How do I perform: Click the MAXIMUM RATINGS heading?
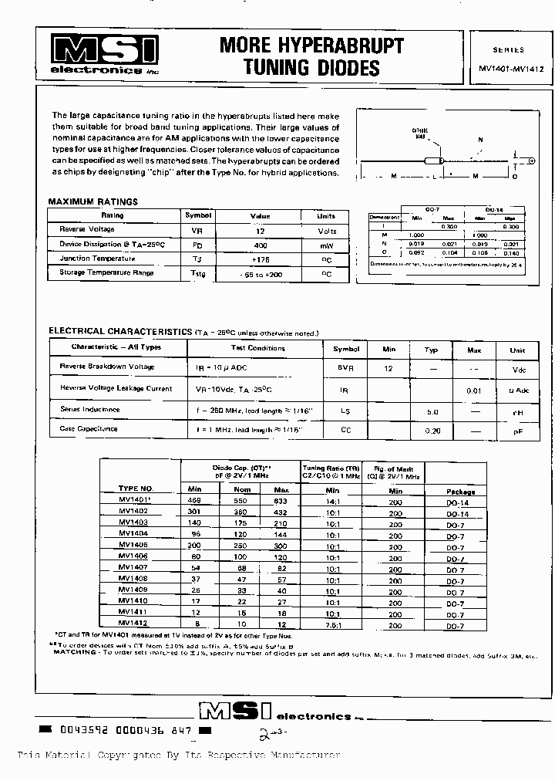92,201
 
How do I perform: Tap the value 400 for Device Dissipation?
260,244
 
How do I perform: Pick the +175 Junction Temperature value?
260,259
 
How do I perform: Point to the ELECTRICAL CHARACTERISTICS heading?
120,331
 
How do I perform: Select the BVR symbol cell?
345,369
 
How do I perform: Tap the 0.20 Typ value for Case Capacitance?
432,429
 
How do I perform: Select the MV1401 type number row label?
136,499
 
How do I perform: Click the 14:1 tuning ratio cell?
332,500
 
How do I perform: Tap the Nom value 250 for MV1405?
243,544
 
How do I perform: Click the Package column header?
461,491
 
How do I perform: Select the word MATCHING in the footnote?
73,651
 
